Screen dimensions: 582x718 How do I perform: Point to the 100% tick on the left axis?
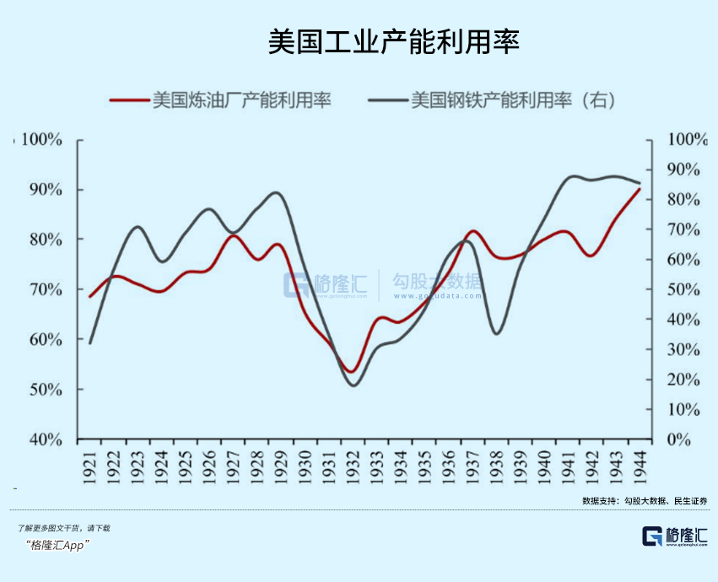pyautogui.click(x=41, y=139)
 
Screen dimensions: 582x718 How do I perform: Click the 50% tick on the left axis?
pyautogui.click(x=41, y=390)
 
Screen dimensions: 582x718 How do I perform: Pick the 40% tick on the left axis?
pyautogui.click(x=41, y=439)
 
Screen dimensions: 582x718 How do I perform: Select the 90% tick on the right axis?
pyautogui.click(x=683, y=170)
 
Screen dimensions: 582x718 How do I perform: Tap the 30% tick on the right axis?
pyautogui.click(x=683, y=349)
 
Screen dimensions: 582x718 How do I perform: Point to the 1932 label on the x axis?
pyautogui.click(x=353, y=466)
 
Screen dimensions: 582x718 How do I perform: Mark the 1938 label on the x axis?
pyautogui.click(x=496, y=466)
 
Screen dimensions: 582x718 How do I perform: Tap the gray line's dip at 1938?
pyautogui.click(x=496, y=334)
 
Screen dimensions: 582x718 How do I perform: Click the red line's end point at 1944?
pyautogui.click(x=640, y=189)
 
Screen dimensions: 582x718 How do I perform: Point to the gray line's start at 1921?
pyautogui.click(x=89, y=342)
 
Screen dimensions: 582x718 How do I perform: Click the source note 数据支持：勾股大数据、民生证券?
pyautogui.click(x=644, y=501)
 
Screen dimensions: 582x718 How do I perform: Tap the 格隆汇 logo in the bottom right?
pyautogui.click(x=674, y=536)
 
